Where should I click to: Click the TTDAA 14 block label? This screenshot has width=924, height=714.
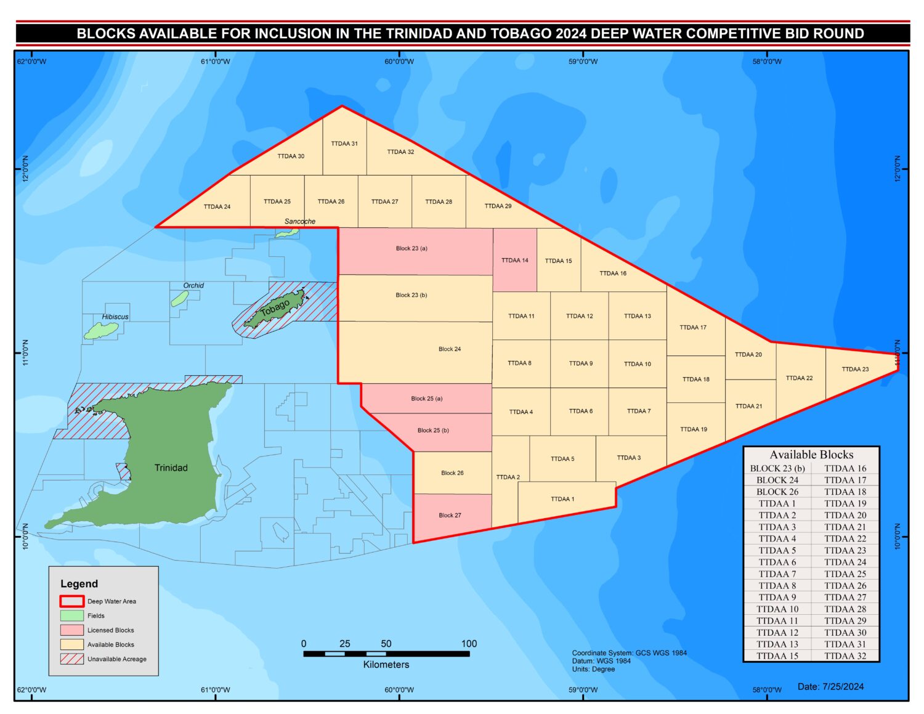point(514,261)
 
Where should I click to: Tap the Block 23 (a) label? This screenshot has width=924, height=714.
point(411,248)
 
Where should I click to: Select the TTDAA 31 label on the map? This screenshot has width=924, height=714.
point(344,144)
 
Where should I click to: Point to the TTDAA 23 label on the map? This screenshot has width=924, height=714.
point(855,369)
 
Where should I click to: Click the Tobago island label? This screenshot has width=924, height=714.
point(275,308)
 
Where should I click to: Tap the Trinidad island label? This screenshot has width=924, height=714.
point(171,468)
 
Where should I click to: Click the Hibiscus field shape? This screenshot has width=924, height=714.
point(101,331)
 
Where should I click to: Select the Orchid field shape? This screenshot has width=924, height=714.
point(180,298)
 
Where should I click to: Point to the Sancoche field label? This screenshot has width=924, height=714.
point(300,221)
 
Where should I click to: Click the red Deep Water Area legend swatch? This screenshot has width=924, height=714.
point(72,601)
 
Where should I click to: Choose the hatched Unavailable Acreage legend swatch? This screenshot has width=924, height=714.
point(72,659)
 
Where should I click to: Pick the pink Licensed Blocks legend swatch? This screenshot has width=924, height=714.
point(72,630)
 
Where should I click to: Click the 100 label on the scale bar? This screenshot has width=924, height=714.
point(469,644)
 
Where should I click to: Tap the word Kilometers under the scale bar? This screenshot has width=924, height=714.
point(386,664)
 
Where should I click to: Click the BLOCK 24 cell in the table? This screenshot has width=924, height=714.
point(777,480)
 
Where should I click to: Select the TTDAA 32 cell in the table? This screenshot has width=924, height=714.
point(845,655)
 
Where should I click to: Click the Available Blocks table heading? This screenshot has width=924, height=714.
point(811,455)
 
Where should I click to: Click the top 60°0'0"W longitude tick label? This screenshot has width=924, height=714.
point(399,62)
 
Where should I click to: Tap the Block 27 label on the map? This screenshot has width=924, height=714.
point(450,515)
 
